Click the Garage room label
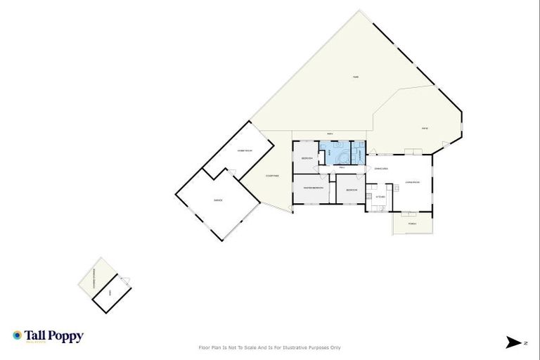tap(218, 201)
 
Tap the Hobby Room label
tap(245, 151)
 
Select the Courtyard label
tap(273, 176)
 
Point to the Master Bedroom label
tap(314, 188)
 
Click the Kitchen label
tap(380, 197)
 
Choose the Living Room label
tap(412, 183)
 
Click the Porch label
tap(413, 224)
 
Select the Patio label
tap(425, 128)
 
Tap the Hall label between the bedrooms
tap(342, 168)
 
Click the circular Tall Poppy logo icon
tap(17, 336)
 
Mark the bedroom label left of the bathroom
tap(307, 159)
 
